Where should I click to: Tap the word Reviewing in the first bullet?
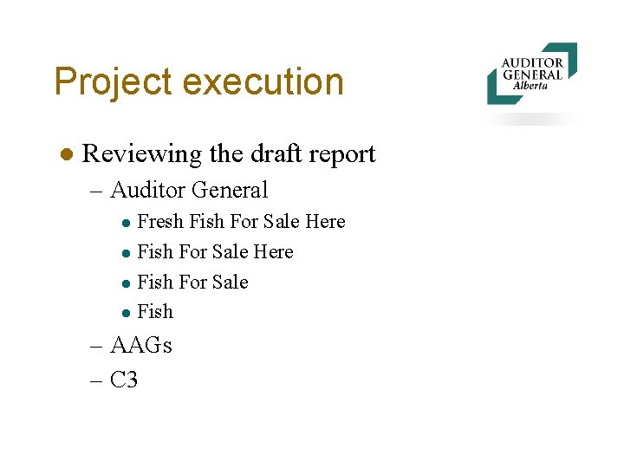(141, 154)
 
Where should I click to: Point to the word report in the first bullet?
(341, 155)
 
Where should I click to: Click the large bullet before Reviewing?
(64, 154)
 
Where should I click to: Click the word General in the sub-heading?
(229, 190)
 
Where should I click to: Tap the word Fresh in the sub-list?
(160, 222)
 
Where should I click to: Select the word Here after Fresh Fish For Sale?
(325, 222)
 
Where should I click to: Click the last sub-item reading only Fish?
(155, 312)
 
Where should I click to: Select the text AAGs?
(141, 346)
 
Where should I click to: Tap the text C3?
(125, 380)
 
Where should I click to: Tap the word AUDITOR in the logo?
(532, 62)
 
